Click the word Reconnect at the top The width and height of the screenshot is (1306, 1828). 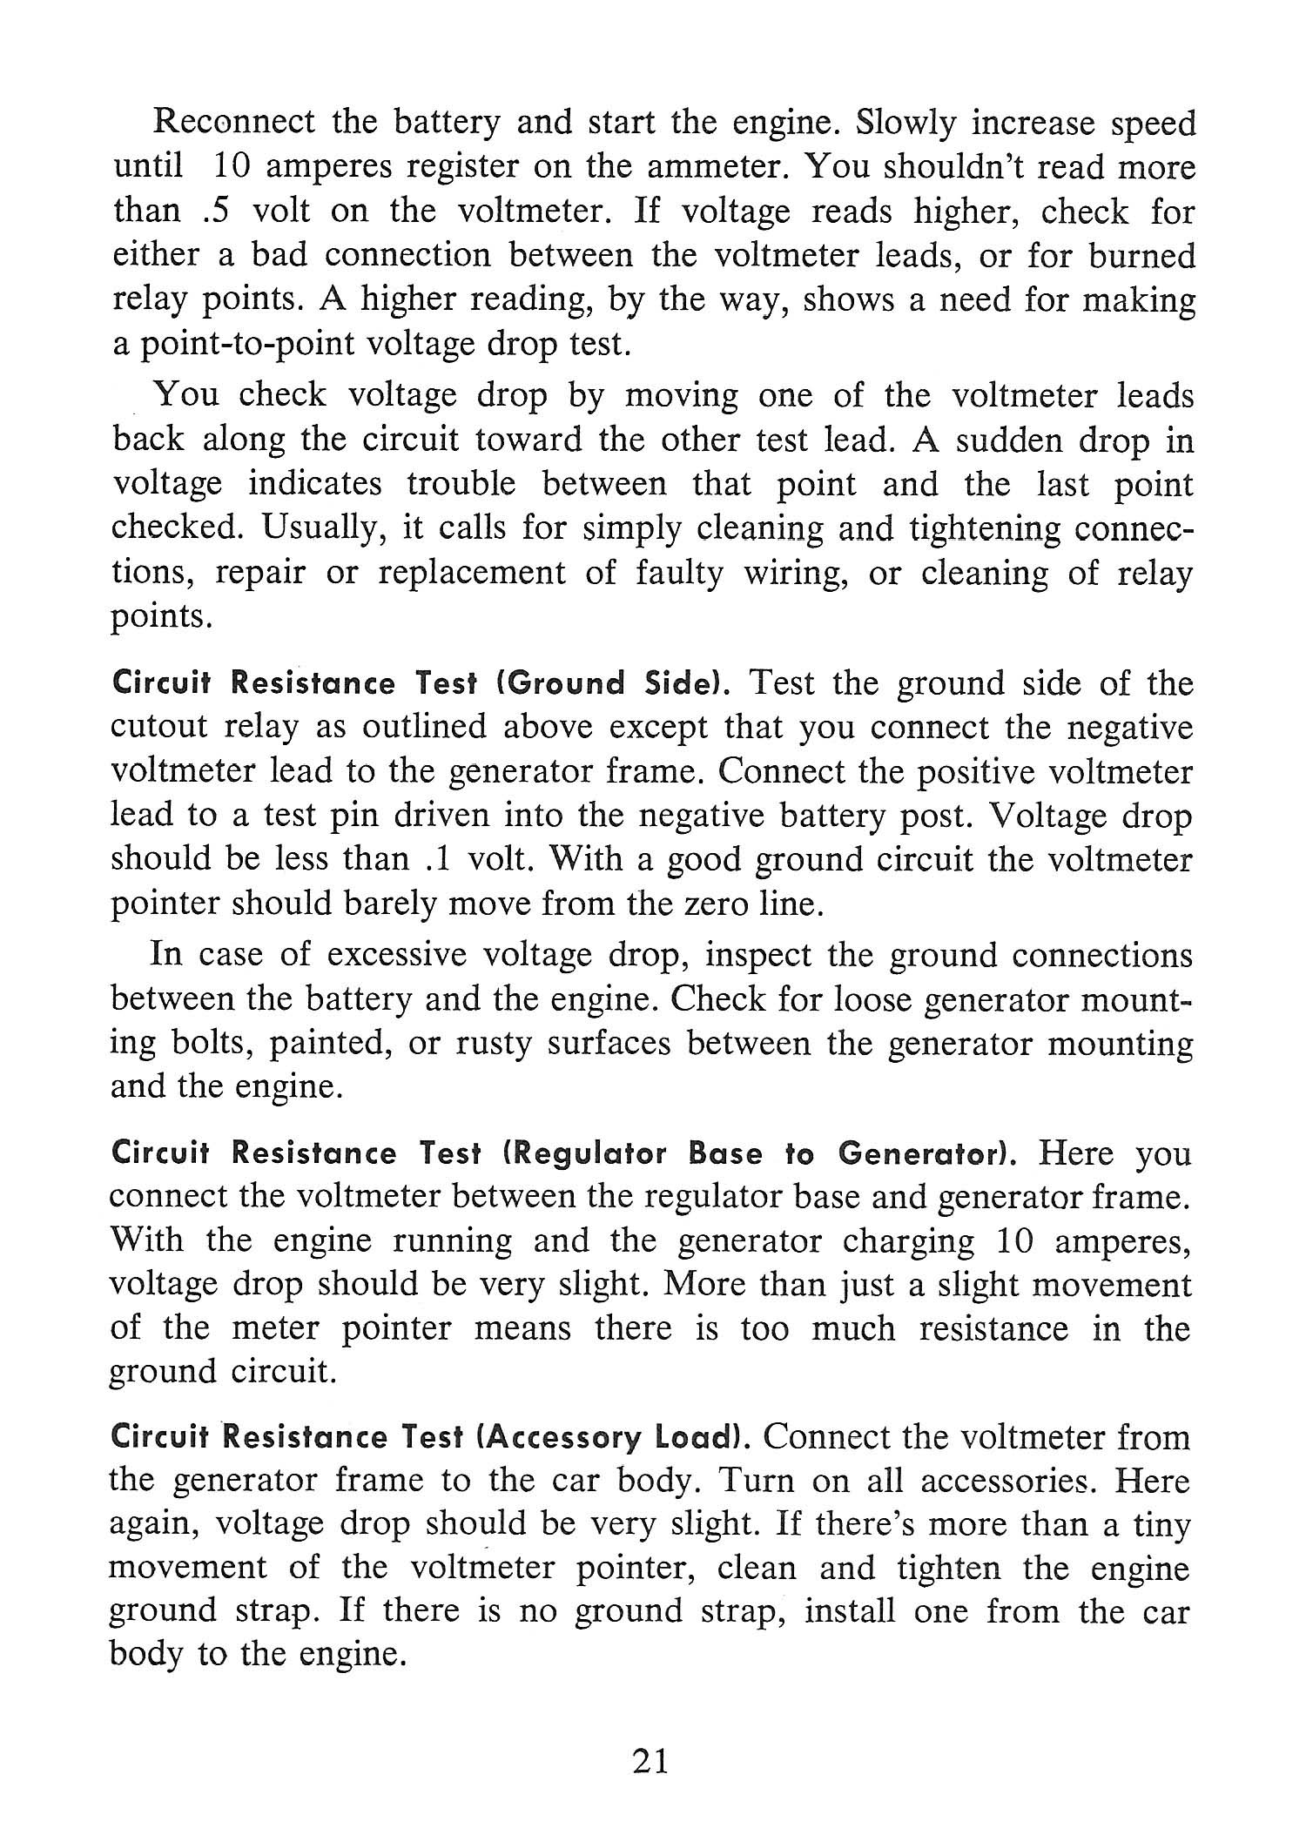[233, 123]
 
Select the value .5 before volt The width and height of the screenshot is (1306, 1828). [222, 211]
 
